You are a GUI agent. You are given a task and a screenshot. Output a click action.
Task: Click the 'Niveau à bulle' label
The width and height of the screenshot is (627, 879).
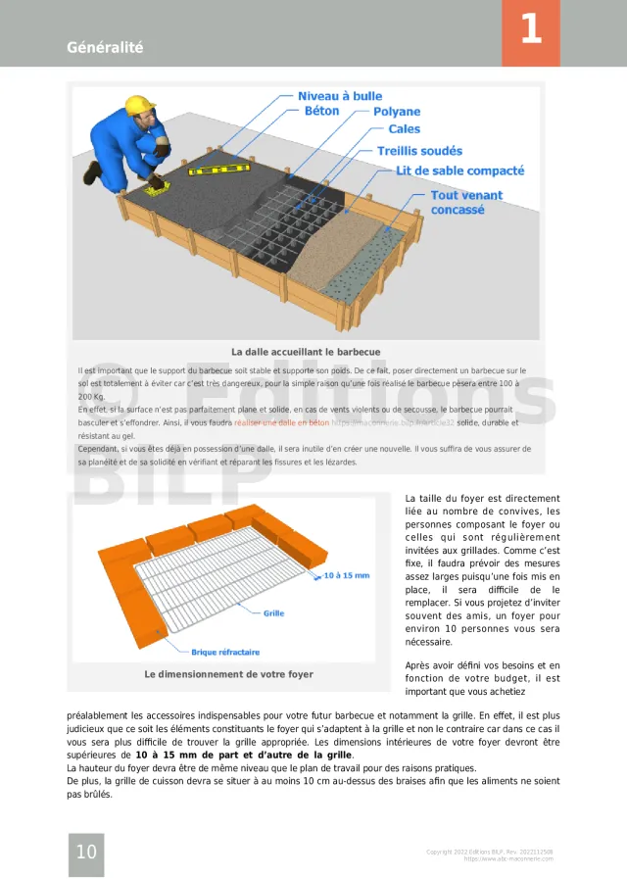(x=340, y=96)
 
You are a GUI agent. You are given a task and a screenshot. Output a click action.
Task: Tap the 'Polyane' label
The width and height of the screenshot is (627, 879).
(x=396, y=113)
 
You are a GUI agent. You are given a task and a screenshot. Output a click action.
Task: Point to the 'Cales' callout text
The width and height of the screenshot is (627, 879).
(x=404, y=129)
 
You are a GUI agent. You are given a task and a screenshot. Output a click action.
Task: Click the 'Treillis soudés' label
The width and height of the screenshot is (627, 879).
(x=419, y=151)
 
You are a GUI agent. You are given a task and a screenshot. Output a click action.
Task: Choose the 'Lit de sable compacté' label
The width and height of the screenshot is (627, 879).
(x=460, y=171)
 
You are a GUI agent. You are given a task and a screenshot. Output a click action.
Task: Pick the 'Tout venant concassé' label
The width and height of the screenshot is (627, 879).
(x=466, y=202)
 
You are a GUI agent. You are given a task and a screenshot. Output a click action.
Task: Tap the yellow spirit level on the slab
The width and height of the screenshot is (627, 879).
(x=220, y=172)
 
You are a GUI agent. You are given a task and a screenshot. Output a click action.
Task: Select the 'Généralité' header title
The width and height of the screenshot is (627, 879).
(x=105, y=47)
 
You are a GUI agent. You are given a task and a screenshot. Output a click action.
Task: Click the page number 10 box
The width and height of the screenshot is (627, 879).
(x=86, y=852)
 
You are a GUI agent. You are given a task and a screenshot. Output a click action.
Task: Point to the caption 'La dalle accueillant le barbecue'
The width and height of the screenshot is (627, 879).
(x=306, y=352)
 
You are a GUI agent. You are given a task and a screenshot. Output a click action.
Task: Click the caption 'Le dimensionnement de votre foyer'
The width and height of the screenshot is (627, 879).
(x=228, y=674)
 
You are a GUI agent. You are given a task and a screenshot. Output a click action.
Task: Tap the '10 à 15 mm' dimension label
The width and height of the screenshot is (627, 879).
(x=346, y=575)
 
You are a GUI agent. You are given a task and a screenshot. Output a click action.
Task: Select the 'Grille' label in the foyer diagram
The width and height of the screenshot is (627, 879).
(x=273, y=613)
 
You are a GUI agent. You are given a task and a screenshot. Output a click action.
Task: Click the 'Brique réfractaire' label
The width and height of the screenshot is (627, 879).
(x=225, y=652)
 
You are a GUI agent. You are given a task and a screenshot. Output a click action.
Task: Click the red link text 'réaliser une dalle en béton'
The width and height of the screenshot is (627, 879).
(x=281, y=423)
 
